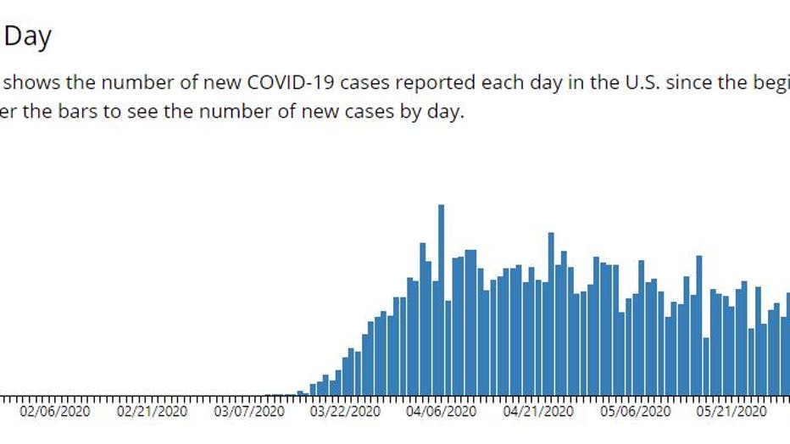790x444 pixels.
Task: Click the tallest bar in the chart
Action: [x=441, y=300]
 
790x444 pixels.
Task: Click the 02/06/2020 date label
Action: [x=54, y=411]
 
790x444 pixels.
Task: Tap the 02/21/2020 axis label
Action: [x=152, y=411]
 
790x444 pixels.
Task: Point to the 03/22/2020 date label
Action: [x=346, y=411]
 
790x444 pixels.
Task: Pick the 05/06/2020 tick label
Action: [x=636, y=411]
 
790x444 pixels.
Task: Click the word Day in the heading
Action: [x=28, y=36]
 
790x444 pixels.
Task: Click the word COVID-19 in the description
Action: [x=284, y=83]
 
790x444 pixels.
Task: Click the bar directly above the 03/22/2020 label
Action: [x=346, y=374]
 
